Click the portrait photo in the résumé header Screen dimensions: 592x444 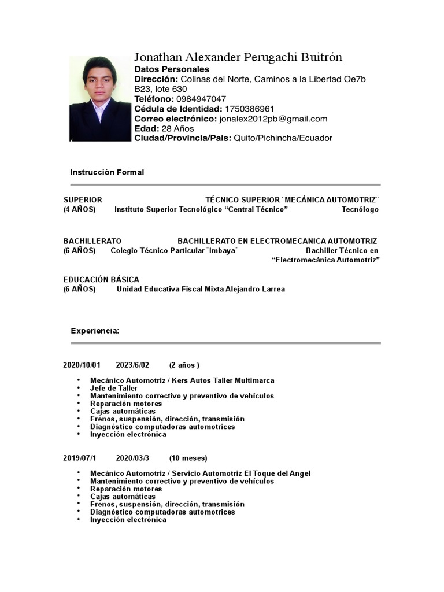click(x=99, y=98)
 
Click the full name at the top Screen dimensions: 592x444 click(x=238, y=57)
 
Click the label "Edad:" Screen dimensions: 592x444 click(x=147, y=128)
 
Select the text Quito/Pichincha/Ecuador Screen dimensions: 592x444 click(x=283, y=138)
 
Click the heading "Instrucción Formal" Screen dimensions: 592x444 click(x=107, y=172)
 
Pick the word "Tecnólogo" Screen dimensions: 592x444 click(x=360, y=209)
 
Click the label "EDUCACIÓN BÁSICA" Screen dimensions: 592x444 click(x=101, y=279)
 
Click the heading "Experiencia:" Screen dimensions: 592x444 click(x=95, y=331)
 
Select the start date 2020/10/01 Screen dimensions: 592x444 click(x=82, y=365)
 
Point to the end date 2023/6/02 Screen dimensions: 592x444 click(x=132, y=365)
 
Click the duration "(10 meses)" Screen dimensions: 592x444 click(x=188, y=458)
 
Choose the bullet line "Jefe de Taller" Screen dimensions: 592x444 click(x=114, y=388)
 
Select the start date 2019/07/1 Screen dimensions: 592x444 click(x=80, y=458)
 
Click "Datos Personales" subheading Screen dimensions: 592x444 click(x=172, y=69)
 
